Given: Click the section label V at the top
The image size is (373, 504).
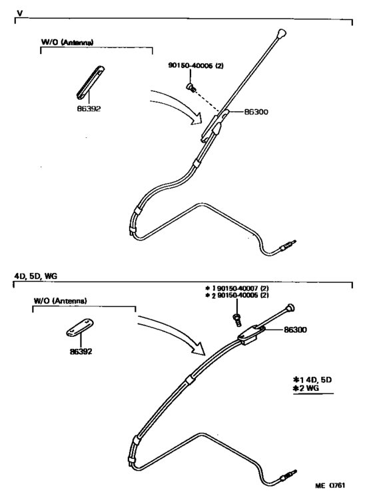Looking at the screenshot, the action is [20, 13].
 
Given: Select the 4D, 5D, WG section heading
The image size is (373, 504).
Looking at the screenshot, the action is [36, 276].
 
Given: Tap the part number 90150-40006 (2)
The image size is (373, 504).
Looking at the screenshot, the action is [196, 65].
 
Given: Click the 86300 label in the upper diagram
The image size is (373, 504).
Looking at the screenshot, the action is [256, 112].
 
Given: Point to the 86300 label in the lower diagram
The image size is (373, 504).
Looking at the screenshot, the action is [295, 330].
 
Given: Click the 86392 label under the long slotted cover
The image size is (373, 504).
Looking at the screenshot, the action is [89, 109].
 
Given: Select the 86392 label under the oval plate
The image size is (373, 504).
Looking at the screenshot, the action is [81, 352].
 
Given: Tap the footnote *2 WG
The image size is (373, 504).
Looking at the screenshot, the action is [306, 388].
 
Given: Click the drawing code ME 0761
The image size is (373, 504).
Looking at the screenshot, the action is [330, 485].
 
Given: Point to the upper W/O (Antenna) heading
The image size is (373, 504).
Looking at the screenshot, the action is [67, 42].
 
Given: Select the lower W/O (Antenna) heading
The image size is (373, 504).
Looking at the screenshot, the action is [60, 301].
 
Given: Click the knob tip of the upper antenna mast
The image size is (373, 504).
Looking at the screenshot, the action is [281, 33].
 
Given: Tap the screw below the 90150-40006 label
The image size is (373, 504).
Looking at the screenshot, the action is [190, 87].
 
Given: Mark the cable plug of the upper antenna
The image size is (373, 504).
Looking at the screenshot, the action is [288, 245].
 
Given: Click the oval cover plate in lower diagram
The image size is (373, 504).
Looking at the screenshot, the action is [80, 327].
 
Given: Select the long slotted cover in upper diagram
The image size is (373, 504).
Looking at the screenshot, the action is [91, 82].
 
